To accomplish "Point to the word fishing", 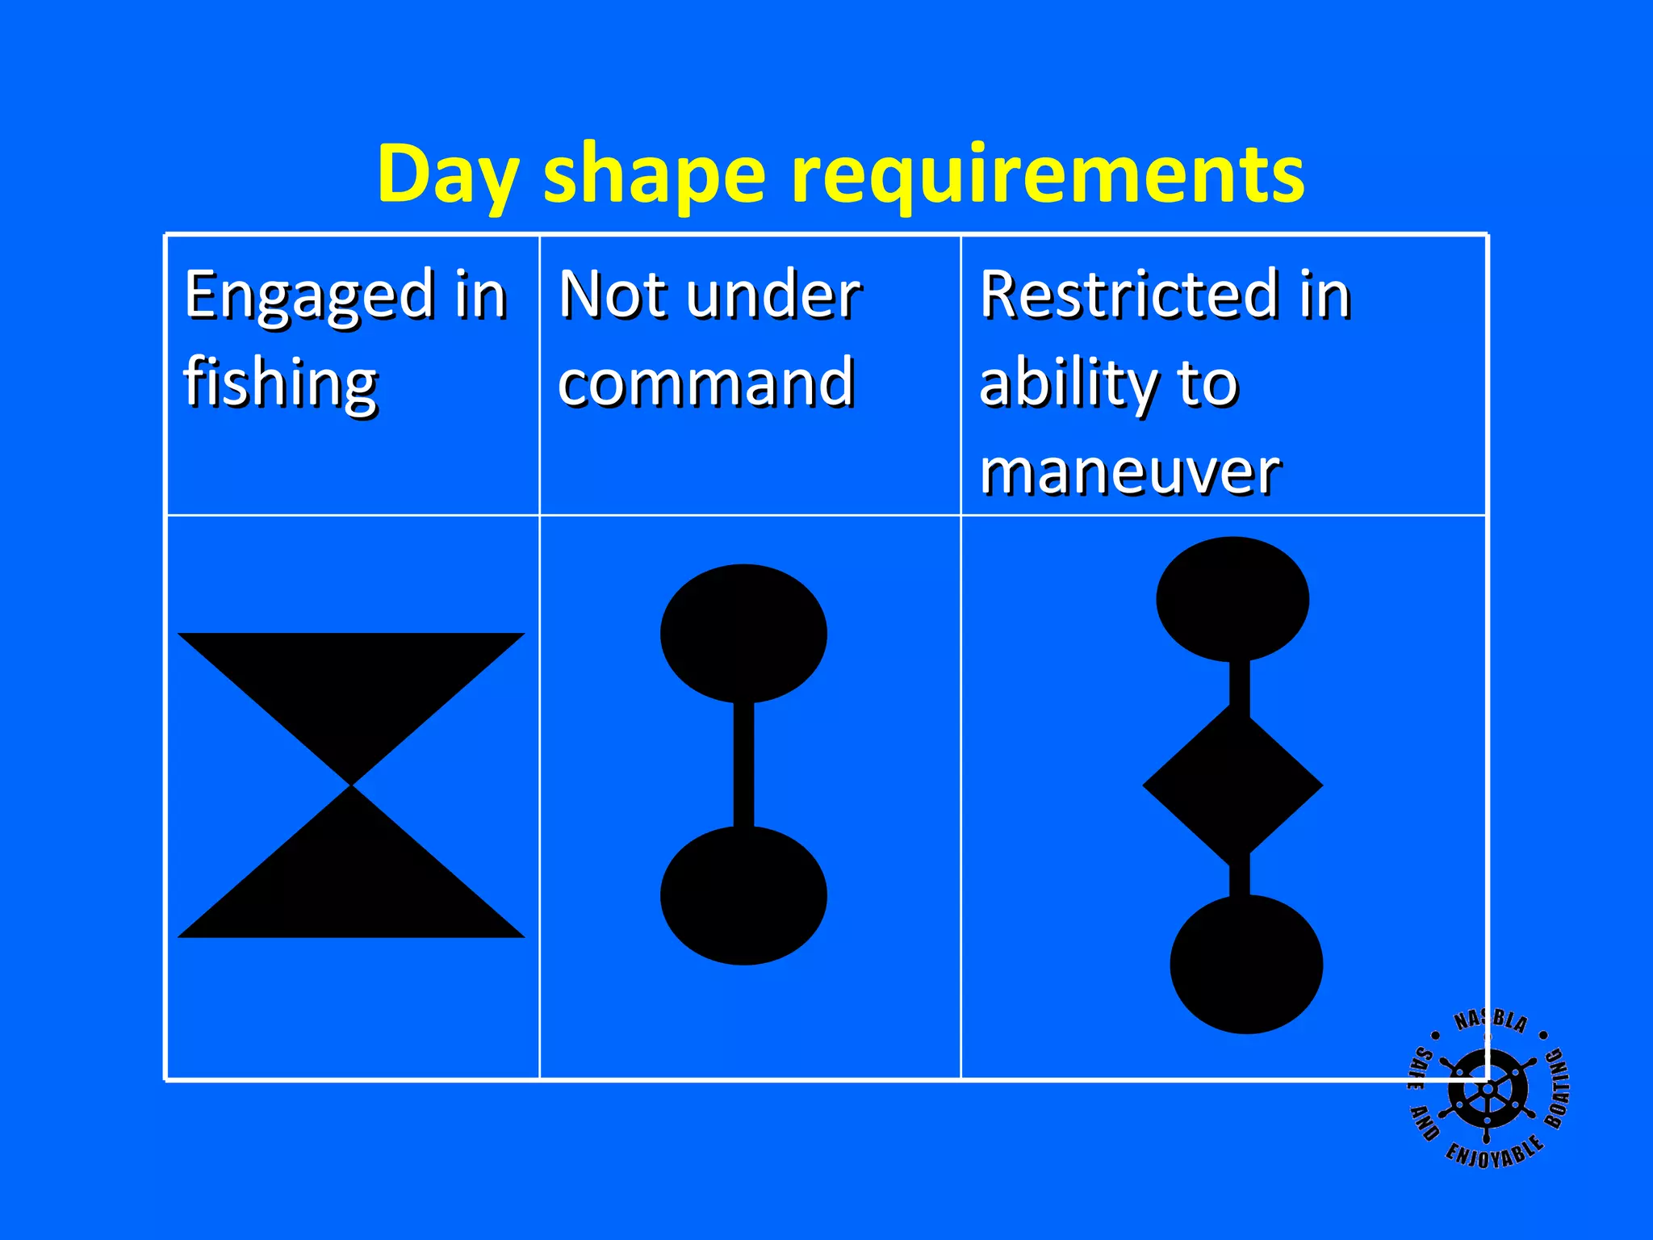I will [280, 383].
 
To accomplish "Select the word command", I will [705, 383].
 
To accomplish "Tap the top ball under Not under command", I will [743, 634].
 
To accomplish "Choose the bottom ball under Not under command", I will [743, 895].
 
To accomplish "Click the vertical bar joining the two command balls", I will [743, 765].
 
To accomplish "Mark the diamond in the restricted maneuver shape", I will [1232, 784].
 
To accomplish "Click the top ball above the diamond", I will [1232, 599].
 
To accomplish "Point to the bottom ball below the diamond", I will [1246, 964].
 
